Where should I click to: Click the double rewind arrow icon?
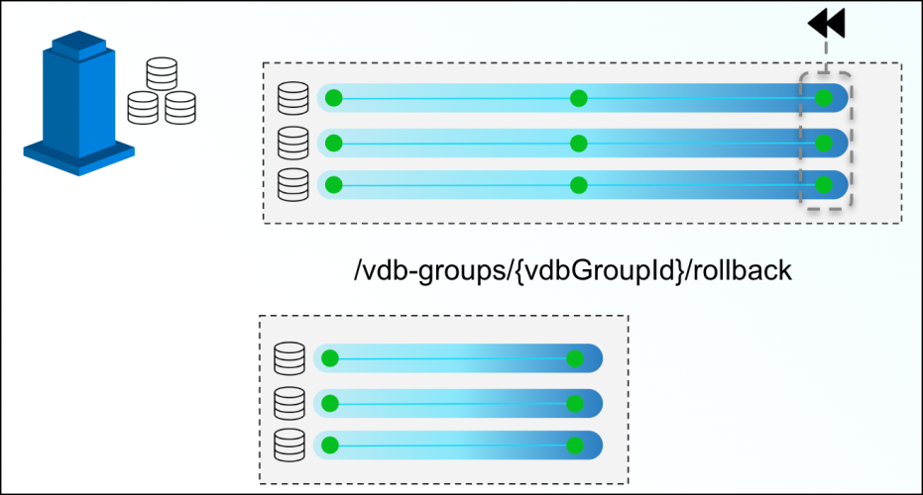(x=825, y=23)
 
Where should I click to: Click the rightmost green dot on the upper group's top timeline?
(x=823, y=98)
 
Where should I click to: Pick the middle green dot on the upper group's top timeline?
(x=579, y=98)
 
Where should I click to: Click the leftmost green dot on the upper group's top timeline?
(x=334, y=98)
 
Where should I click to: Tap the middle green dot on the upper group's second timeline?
(x=579, y=143)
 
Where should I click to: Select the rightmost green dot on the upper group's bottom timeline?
(x=823, y=185)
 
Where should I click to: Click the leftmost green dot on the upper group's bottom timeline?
(x=334, y=185)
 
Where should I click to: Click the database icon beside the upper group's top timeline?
(x=292, y=98)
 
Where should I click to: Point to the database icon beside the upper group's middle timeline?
(x=292, y=143)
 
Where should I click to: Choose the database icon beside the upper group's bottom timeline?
(x=292, y=185)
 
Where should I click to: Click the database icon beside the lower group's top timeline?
(x=288, y=357)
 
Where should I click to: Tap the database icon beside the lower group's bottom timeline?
(x=288, y=445)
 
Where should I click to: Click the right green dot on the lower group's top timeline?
(x=573, y=358)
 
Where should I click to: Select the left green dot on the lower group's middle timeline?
(x=330, y=403)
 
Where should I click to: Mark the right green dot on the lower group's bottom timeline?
(x=573, y=445)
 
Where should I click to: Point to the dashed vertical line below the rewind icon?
(x=825, y=55)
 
